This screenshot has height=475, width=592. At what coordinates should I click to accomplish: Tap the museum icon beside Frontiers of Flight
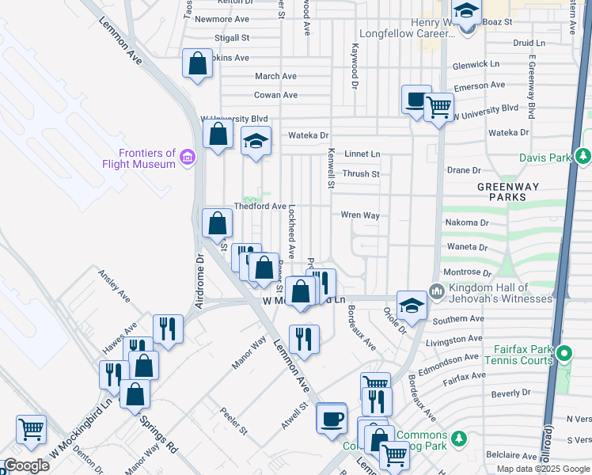coord(187,158)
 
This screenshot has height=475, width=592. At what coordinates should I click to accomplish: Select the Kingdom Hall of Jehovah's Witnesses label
coord(500,292)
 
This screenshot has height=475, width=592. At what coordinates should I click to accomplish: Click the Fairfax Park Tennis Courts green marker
coord(564,352)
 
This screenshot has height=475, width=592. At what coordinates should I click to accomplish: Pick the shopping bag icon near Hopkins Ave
coord(197,63)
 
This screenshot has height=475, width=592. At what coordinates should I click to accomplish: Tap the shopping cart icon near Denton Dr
coord(31,429)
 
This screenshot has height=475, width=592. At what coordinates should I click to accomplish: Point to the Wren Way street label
coord(360,215)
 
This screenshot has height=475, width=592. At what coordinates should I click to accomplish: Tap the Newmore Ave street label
coord(222,19)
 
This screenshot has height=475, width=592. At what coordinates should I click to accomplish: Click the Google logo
coord(25,465)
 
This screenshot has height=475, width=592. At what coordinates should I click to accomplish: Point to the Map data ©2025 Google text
coord(543,468)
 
